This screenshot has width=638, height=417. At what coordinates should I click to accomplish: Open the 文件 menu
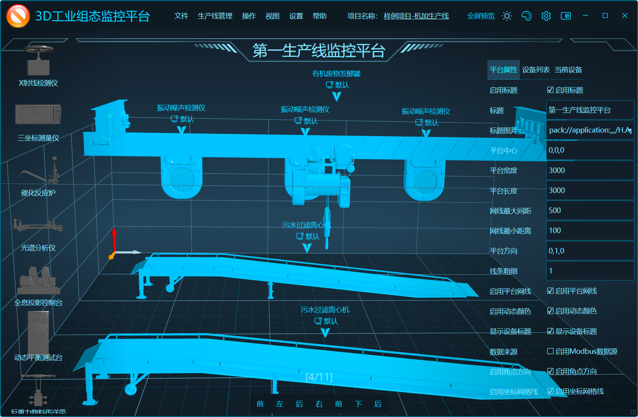click(x=181, y=16)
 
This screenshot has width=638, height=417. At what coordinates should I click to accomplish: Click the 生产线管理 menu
click(x=215, y=16)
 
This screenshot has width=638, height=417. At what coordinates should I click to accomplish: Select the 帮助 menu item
click(x=319, y=16)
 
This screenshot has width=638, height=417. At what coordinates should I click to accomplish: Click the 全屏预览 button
click(x=481, y=16)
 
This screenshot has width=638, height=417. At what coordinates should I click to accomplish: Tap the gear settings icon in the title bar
click(x=546, y=16)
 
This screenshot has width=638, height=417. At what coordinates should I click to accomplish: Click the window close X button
click(x=625, y=16)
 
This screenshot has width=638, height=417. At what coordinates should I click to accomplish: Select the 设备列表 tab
click(x=536, y=70)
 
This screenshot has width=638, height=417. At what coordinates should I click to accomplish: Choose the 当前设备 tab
click(x=568, y=70)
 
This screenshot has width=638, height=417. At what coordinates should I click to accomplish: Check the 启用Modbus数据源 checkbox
click(x=550, y=351)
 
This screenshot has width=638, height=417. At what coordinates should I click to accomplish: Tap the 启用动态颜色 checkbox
click(x=550, y=311)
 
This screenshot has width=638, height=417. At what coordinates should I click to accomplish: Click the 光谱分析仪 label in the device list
click(x=38, y=248)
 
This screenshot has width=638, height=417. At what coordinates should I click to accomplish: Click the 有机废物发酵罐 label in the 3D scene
click(x=336, y=74)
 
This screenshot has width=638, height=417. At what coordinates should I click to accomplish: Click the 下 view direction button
click(x=358, y=404)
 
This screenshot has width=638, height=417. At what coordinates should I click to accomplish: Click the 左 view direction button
click(x=280, y=404)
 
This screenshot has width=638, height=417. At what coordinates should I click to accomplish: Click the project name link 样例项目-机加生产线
click(x=416, y=16)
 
